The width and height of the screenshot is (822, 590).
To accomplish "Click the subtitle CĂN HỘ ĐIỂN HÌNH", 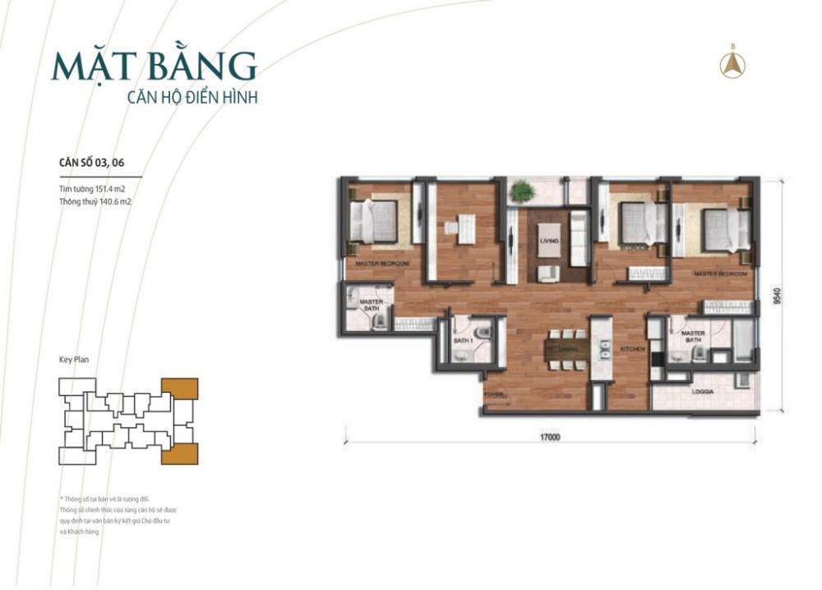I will point(192,97).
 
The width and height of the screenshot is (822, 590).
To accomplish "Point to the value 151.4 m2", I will point(109,190).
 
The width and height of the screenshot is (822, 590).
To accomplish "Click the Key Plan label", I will point(74,359).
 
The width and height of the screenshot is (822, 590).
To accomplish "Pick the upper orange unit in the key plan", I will point(180,389).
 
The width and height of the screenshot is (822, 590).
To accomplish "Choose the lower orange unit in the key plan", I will point(179,453).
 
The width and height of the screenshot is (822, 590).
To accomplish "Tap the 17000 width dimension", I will point(550,438).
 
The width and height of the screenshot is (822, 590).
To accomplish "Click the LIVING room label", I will point(549,241).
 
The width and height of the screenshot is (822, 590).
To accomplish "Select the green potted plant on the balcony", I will point(521,191).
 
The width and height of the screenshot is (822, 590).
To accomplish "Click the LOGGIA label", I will point(702,392).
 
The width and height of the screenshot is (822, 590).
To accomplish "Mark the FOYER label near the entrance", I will point(495,394).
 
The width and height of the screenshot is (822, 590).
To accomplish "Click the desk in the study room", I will point(465,228).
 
